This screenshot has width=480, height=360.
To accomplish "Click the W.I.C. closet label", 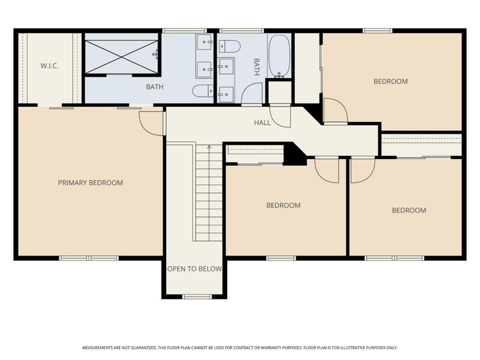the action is pos(49,66).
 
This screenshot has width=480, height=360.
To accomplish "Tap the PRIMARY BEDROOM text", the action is pos(91,183).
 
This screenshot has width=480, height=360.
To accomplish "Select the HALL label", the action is pos(262,123).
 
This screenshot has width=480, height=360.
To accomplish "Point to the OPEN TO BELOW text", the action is pos(194,269).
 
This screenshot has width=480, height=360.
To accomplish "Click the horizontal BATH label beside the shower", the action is pos(155,87).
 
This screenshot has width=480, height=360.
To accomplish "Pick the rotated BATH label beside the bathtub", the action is pos(257,67).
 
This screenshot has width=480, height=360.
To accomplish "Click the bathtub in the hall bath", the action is pos(279,56).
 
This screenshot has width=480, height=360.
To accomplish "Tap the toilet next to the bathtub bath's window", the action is pos(229,46).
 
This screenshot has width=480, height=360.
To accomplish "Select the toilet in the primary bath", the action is pos(203,91).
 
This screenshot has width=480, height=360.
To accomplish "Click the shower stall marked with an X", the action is pos(122,57).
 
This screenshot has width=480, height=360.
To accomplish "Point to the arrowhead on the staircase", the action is pos(209,147).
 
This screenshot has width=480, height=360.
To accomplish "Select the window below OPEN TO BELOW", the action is pos(197,296).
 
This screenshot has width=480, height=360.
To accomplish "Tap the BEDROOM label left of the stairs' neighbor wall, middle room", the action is pos(283,205).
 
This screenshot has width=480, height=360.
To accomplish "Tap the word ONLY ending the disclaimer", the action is pos(392,348).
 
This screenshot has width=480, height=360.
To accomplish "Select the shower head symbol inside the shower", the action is pos(155,54).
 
